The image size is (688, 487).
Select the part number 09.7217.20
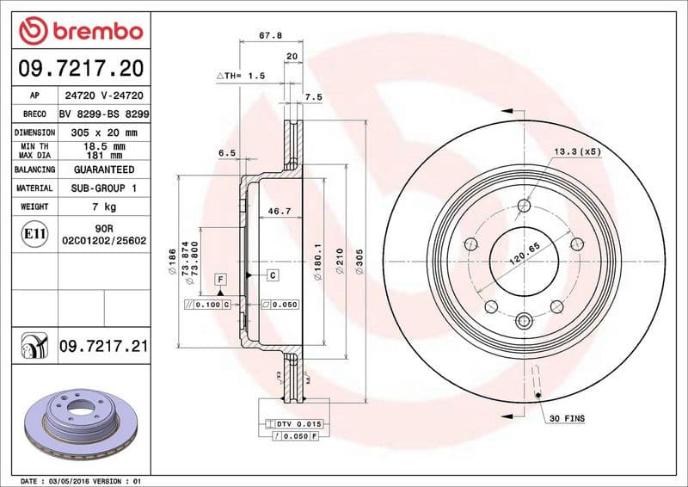[81, 67]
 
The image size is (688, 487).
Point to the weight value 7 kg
[104, 207]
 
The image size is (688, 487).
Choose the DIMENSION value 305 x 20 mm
[104, 133]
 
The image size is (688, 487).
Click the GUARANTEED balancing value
[104, 170]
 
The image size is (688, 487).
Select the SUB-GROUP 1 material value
[104, 188]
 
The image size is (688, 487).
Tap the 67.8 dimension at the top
[270, 37]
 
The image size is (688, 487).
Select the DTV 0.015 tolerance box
[298, 424]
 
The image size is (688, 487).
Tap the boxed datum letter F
[221, 280]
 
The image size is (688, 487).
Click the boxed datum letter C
[272, 275]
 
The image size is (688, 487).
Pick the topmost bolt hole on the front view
[524, 206]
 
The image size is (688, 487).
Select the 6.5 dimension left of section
[227, 152]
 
